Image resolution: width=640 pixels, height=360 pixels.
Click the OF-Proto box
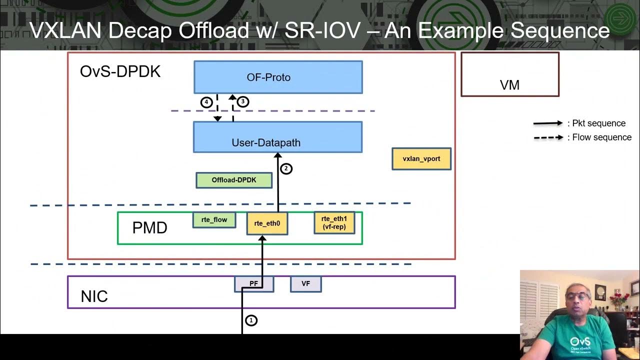278,77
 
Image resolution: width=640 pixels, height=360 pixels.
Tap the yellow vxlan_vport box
421,159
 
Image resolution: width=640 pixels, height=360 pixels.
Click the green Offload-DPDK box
234,180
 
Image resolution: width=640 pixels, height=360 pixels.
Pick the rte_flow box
214,220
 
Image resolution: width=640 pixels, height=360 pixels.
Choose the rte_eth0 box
267,223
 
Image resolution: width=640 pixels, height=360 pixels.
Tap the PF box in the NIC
254,283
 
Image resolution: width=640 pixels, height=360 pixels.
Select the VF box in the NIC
305,283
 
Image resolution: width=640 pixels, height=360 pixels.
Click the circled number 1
251,320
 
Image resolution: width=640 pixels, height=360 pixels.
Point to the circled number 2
286,168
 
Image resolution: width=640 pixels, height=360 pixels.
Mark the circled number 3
242,101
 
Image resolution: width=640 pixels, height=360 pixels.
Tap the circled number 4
206,102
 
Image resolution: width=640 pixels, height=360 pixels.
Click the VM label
509,85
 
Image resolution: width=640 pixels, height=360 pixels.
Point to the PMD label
149,228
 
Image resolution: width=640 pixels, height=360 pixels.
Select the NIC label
94,296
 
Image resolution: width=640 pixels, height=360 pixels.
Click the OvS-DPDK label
120,71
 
